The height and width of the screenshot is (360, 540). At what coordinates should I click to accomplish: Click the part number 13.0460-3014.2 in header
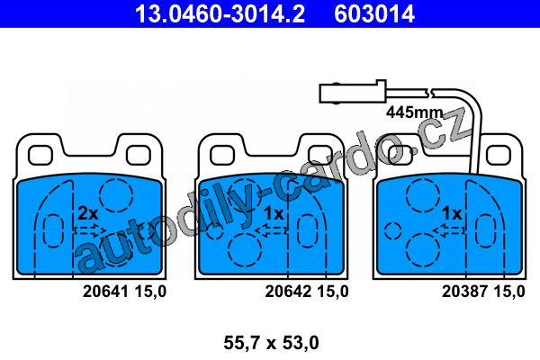point(220,13)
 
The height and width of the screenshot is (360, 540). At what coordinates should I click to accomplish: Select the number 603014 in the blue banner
point(374,13)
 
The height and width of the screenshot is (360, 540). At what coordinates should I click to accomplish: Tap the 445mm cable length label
point(414,112)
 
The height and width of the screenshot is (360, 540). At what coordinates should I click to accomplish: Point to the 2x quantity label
point(88,213)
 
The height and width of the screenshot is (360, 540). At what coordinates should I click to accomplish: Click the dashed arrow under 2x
point(90,230)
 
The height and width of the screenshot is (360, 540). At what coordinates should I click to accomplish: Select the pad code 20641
point(105,292)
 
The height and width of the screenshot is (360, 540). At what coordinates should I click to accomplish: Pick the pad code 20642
point(288,292)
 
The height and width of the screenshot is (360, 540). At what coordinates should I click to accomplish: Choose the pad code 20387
point(465,292)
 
